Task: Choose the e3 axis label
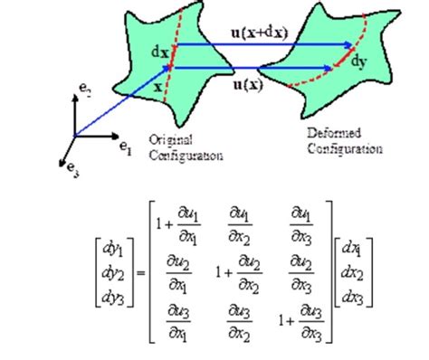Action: tap(64, 167)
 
